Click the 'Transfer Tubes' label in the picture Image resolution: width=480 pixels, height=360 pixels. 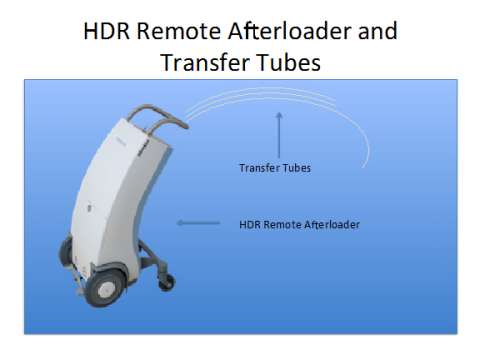[275, 168]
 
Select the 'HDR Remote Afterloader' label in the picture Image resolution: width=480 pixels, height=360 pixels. [299, 224]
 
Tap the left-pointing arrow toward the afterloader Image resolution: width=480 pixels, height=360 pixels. [198, 223]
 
